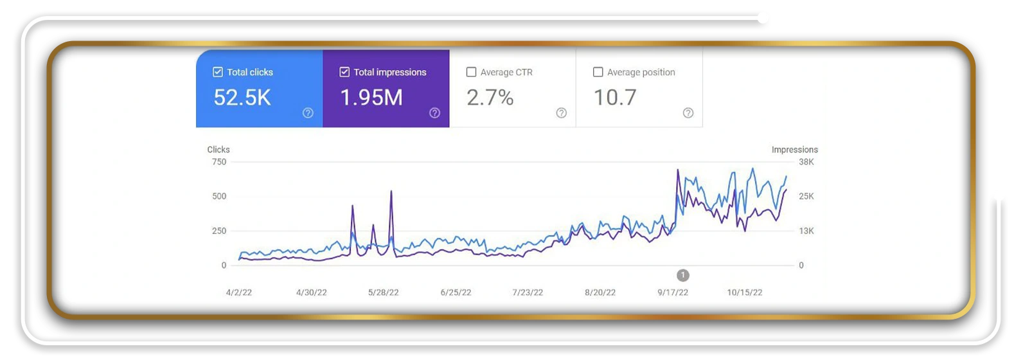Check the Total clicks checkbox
(218, 72)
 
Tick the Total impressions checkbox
(344, 72)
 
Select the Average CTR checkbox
(471, 72)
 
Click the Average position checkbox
(598, 72)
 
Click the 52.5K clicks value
(242, 97)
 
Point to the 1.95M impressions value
(371, 97)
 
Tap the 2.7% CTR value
(490, 97)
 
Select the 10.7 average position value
(615, 97)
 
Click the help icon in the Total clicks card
(308, 113)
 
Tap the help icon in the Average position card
(688, 113)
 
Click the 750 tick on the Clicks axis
(218, 162)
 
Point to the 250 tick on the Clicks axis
(218, 231)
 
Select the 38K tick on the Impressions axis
(806, 162)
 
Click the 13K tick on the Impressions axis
(806, 231)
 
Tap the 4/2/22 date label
(239, 292)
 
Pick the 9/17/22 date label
(673, 292)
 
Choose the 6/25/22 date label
(456, 292)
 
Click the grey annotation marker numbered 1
(683, 276)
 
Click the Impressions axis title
(795, 149)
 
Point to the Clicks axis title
(218, 149)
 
